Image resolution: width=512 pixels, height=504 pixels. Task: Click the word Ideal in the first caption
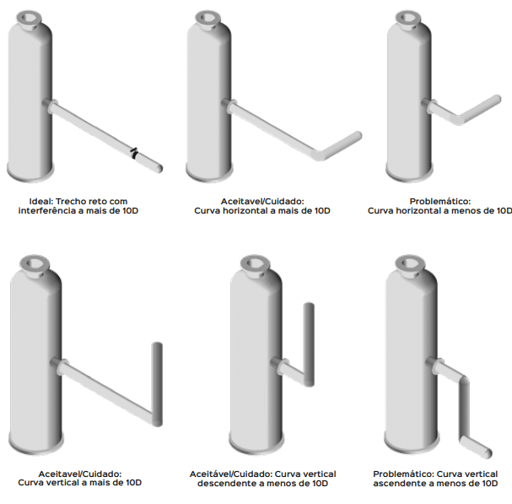coord(40,201)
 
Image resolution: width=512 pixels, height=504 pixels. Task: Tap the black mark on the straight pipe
coord(134,154)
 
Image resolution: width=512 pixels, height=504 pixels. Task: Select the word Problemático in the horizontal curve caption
coord(439,201)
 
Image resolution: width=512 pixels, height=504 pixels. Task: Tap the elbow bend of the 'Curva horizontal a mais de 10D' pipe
coord(319,154)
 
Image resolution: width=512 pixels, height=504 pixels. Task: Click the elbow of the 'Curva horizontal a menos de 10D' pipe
coord(459,119)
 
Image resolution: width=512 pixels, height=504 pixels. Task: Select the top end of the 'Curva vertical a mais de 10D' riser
coord(157,345)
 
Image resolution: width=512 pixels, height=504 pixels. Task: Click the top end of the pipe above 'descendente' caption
coord(309,306)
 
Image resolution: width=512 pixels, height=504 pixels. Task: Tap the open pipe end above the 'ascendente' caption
coord(488,453)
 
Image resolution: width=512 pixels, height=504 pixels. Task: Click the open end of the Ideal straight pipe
coord(159,168)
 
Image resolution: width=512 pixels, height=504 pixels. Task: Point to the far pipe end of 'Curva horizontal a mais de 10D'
coord(358,135)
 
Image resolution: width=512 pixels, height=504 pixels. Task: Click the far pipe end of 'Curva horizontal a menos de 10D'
coord(498,99)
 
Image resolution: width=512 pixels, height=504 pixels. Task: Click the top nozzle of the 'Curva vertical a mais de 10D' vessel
coord(35,265)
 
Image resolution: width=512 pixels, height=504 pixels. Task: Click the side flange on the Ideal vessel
coord(51,106)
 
